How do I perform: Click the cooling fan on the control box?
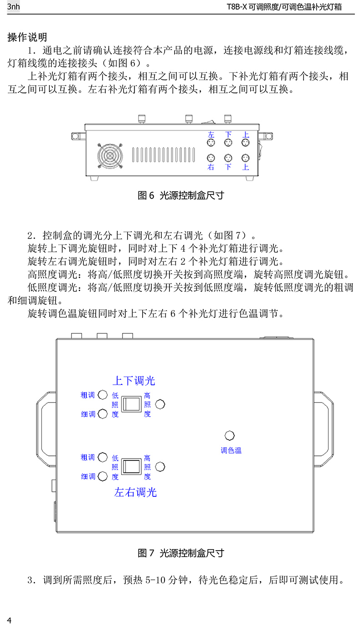tap(110, 156)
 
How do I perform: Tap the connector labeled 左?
tap(211, 143)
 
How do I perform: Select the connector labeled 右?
tap(211, 158)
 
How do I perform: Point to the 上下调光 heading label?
tap(134, 380)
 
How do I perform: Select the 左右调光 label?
tap(135, 492)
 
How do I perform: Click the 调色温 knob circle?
tap(231, 435)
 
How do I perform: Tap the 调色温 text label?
tap(231, 450)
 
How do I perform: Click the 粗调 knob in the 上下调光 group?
tap(103, 394)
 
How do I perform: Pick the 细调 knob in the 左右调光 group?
tap(103, 476)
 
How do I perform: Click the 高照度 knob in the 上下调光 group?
tap(160, 404)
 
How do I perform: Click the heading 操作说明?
tap(27, 37)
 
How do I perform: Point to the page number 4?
tap(9, 621)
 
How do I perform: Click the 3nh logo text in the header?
tap(14, 7)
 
